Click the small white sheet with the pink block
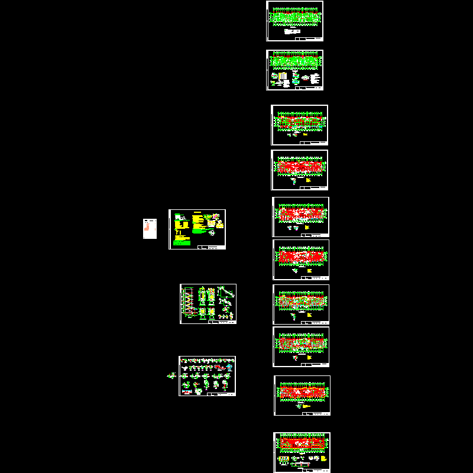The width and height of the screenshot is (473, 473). point(150,229)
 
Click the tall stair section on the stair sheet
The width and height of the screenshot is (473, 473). point(189,303)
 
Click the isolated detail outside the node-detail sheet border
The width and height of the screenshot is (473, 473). point(171,375)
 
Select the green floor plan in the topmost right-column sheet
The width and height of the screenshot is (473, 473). point(294,17)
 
